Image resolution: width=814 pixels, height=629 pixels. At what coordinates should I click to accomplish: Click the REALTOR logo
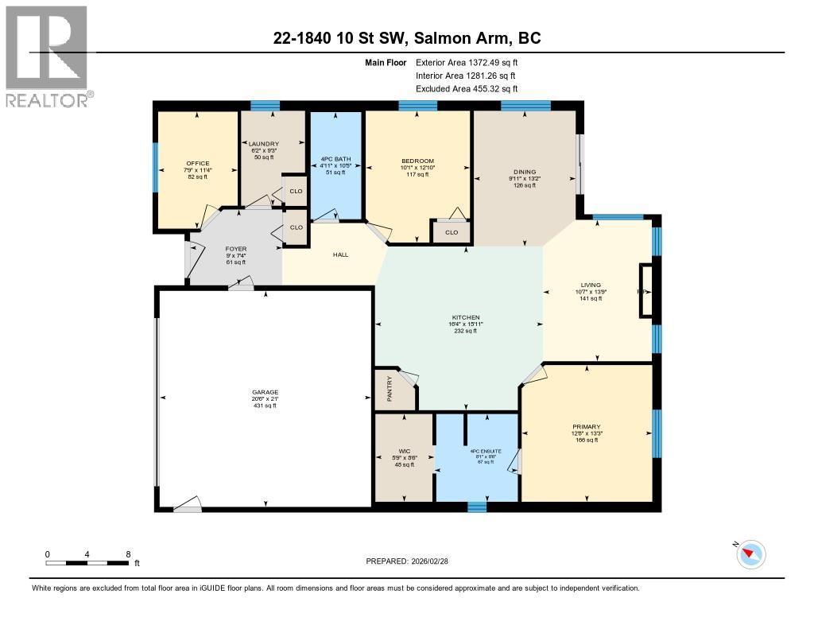[47, 56]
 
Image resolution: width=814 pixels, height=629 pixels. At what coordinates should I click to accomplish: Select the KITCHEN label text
[463, 317]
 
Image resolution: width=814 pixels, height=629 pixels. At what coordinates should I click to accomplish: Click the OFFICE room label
[197, 163]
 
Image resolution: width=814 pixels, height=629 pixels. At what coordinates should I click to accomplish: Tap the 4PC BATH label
[335, 159]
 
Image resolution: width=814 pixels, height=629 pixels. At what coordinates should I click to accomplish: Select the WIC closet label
[405, 451]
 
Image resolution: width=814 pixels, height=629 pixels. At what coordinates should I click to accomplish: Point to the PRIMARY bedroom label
[586, 426]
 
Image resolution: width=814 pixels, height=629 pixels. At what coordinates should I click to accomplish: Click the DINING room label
[524, 172]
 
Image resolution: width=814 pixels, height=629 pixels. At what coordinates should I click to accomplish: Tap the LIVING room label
[591, 285]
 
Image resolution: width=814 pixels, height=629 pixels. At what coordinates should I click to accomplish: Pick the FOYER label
[236, 249]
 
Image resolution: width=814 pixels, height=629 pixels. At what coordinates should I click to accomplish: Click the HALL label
[341, 255]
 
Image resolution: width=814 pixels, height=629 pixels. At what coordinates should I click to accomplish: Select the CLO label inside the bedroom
[452, 233]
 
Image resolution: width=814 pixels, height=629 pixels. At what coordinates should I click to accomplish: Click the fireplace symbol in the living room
[645, 291]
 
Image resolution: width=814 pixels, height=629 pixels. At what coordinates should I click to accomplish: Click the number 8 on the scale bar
[128, 553]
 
